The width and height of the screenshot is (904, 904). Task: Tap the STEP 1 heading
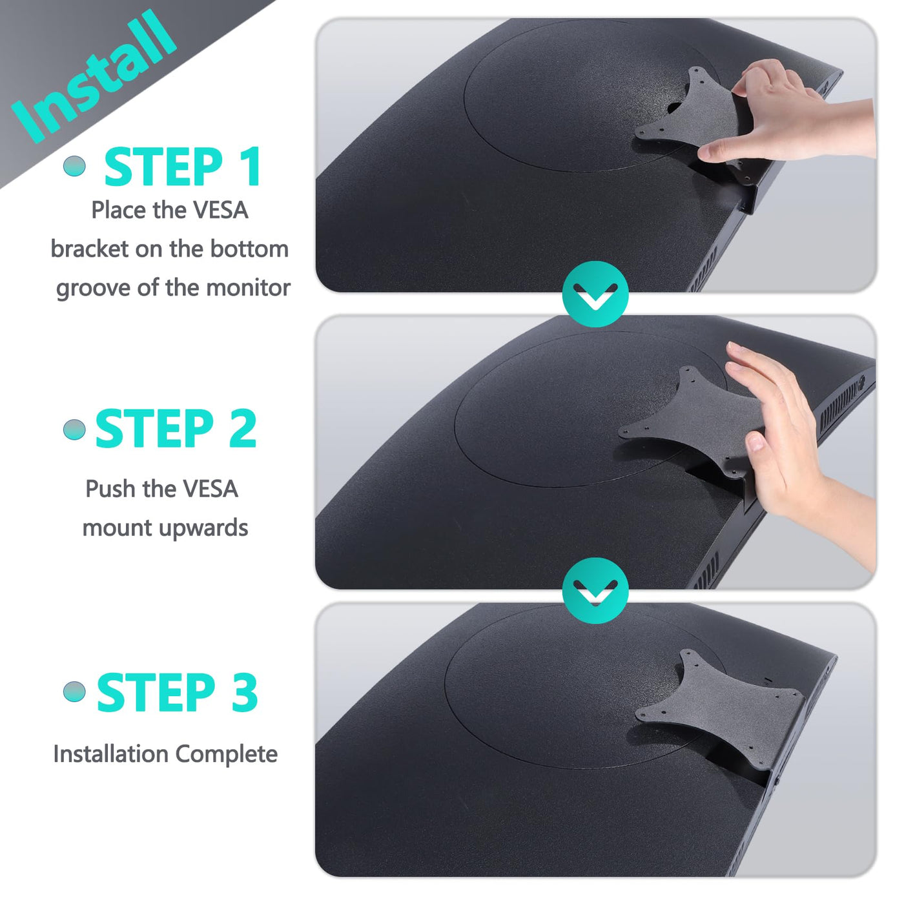[182, 167]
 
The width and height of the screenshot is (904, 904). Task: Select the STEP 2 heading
[176, 428]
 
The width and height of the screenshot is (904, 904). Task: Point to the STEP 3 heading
[178, 692]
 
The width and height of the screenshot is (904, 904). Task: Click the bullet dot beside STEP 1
[75, 165]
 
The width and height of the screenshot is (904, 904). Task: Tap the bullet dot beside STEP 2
[75, 429]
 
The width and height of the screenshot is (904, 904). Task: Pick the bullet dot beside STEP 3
[75, 692]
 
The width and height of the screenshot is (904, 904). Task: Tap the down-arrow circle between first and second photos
[595, 294]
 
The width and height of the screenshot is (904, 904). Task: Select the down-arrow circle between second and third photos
[595, 590]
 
